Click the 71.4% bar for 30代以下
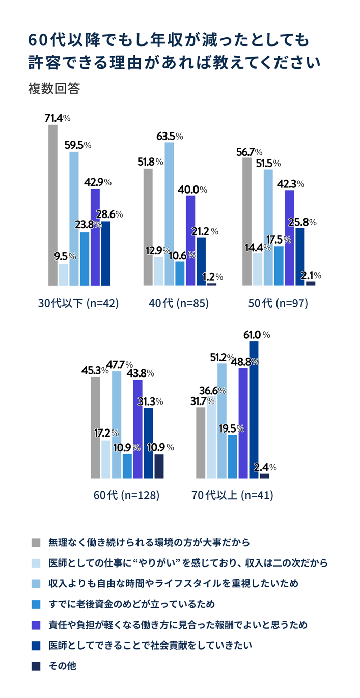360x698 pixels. click(53, 205)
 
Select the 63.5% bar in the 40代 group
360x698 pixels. click(169, 214)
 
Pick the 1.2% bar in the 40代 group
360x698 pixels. click(212, 284)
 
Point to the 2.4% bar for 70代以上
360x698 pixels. click(264, 476)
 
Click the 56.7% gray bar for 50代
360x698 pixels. click(247, 222)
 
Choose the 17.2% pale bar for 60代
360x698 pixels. click(106, 460)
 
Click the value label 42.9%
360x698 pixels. click(98, 182)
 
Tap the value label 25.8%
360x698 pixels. click(303, 222)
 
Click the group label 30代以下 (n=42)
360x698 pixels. click(78, 303)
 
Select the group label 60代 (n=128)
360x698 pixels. click(127, 495)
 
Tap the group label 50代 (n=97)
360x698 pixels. click(278, 303)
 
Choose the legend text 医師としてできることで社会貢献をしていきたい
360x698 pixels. click(150, 645)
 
